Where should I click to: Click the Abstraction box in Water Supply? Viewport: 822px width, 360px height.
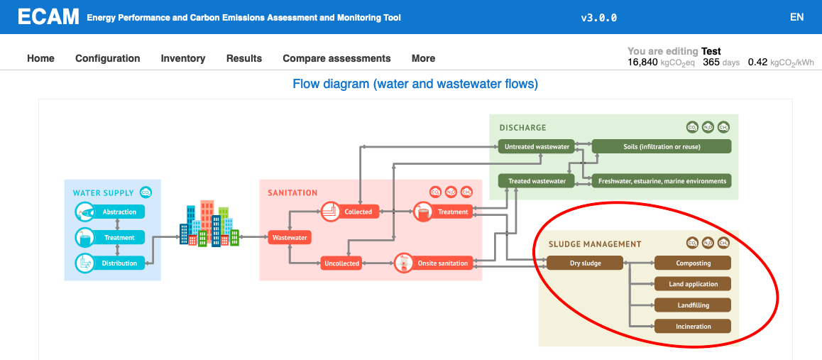119,212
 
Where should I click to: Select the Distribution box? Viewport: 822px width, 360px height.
119,263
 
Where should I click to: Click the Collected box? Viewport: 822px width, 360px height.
357,212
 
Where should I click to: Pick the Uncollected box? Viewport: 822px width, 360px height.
341,263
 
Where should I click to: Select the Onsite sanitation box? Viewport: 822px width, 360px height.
442,263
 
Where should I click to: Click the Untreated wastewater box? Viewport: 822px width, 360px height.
537,146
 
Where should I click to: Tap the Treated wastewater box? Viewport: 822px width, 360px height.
537,180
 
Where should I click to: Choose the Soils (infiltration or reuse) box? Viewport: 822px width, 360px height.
661,146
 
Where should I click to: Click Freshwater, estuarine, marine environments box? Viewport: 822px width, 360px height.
661,180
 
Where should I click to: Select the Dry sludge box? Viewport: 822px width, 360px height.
585,263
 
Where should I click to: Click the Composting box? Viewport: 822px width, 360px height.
692,263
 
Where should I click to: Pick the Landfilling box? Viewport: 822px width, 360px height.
692,305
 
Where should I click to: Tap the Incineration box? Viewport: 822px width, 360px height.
692,327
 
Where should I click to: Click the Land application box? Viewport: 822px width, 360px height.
692,284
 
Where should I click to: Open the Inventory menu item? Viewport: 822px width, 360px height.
183,58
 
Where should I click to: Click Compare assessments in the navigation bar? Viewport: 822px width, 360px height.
336,58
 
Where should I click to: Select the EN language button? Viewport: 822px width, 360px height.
796,17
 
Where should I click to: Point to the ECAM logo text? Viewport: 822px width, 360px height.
48,17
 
